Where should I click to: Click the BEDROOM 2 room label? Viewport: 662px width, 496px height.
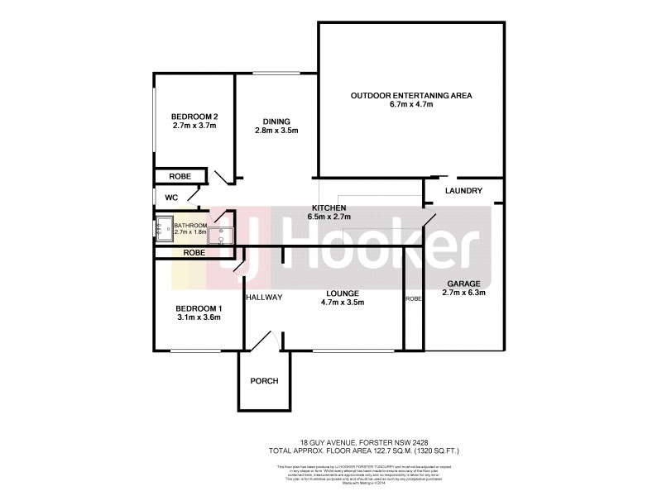194,116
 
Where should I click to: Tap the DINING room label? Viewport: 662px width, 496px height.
276,121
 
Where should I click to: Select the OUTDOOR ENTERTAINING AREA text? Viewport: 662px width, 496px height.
410,96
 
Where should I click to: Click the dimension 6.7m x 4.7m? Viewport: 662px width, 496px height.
410,106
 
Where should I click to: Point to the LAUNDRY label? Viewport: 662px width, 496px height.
463,191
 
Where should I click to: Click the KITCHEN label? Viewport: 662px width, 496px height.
328,207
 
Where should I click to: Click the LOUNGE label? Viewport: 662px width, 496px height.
342,293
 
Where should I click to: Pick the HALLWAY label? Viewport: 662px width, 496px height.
264,298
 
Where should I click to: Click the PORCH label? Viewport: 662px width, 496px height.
264,381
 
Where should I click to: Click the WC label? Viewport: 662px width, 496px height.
171,198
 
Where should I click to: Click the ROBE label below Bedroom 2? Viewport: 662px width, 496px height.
180,176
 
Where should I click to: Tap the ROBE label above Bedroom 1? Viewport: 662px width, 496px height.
194,252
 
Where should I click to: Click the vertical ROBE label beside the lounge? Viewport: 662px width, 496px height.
412,299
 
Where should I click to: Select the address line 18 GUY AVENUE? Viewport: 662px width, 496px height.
331,442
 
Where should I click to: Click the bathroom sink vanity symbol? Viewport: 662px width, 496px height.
220,236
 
